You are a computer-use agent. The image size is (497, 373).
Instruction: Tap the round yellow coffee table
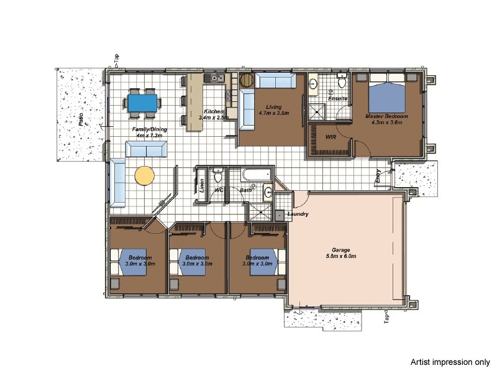pyautogui.click(x=145, y=175)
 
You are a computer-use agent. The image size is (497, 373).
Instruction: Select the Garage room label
pyautogui.click(x=341, y=253)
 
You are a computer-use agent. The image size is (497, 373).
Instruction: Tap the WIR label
pyautogui.click(x=331, y=136)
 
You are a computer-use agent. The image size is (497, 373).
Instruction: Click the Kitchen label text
pyautogui.click(x=214, y=111)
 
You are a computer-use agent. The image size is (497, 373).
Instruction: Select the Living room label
pyautogui.click(x=274, y=107)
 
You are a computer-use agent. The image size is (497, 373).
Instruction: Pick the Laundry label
pyautogui.click(x=298, y=214)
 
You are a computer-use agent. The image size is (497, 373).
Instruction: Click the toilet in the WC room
pyautogui.click(x=217, y=174)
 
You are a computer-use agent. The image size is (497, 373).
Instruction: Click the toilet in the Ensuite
pyautogui.click(x=342, y=83)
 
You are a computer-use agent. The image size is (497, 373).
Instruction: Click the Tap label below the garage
pyautogui.click(x=386, y=318)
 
